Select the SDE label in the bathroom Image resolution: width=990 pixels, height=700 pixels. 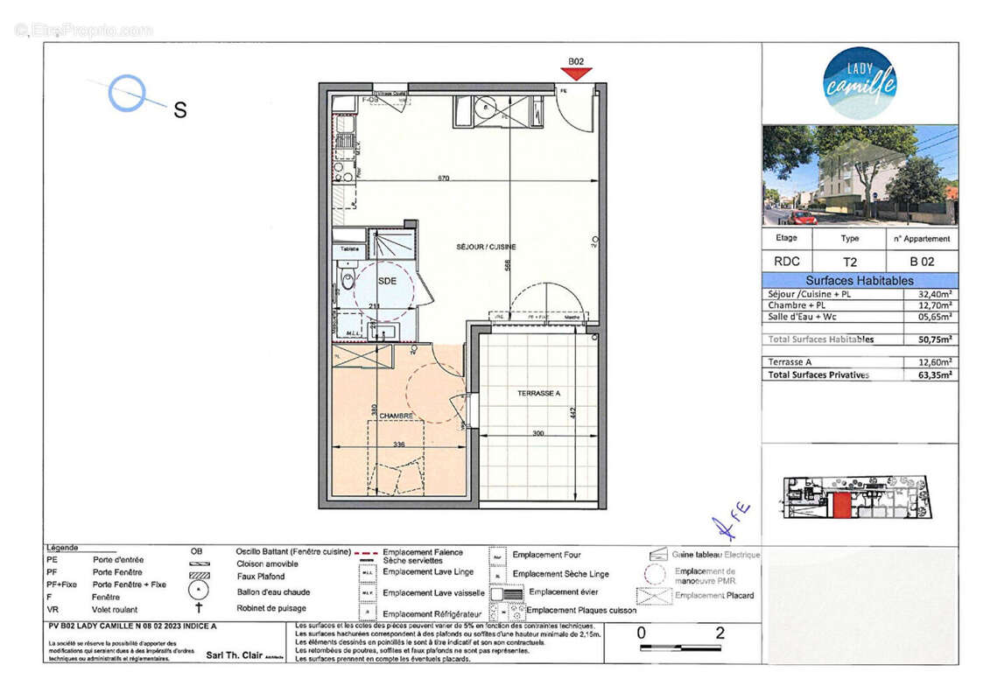click(x=387, y=281)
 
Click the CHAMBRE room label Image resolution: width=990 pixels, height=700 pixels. click(x=396, y=416)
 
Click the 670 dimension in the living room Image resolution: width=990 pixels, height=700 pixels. click(x=444, y=178)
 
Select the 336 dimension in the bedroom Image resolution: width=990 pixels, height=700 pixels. click(x=398, y=444)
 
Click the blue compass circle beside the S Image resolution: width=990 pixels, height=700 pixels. click(x=127, y=93)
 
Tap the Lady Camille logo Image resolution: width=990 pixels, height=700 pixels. click(x=860, y=83)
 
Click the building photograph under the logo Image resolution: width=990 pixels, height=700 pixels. click(x=860, y=175)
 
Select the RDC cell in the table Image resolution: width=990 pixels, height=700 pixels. click(x=786, y=261)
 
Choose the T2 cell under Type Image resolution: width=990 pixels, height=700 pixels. click(x=849, y=261)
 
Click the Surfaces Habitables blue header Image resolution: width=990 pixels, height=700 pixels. click(x=859, y=281)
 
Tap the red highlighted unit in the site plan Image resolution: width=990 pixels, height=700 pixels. click(x=841, y=505)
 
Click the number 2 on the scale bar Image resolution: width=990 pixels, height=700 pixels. click(x=720, y=633)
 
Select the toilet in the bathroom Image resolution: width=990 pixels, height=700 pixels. click(x=347, y=282)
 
